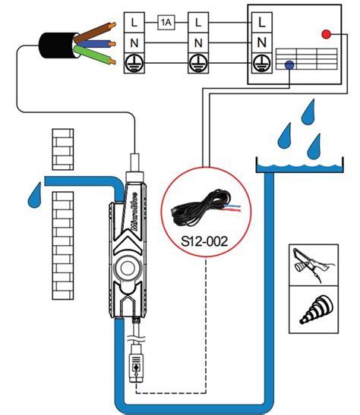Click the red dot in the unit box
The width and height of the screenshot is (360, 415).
(327, 34)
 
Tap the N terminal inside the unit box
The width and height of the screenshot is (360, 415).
(262, 40)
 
